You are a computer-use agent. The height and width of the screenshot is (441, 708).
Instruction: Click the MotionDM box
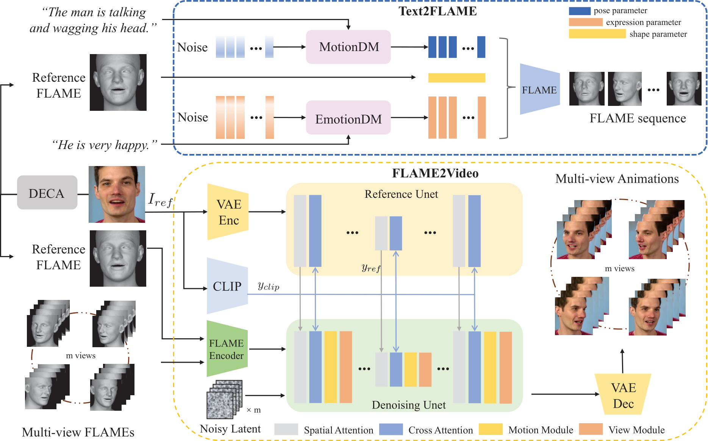(348, 47)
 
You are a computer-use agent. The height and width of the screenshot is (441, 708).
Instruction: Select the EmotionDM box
(348, 118)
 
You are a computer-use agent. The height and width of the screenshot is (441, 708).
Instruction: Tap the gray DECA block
(47, 193)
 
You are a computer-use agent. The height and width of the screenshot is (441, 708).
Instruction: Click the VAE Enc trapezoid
(228, 212)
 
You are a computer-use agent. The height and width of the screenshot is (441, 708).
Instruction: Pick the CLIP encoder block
(227, 286)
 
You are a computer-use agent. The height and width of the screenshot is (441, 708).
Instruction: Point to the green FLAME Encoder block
(227, 349)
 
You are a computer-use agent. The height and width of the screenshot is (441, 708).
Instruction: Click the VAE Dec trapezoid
(623, 394)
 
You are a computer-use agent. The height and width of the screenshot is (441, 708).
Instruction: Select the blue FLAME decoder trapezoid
(540, 89)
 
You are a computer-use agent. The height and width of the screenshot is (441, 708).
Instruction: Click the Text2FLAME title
(438, 11)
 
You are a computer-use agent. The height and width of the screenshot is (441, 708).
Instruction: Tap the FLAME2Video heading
(435, 173)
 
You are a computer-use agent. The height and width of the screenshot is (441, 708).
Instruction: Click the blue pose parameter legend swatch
(580, 11)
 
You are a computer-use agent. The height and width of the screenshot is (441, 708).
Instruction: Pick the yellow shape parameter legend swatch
(597, 34)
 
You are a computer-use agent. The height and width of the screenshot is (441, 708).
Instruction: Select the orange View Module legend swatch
(591, 429)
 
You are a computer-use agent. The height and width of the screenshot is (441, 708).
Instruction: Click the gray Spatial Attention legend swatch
(286, 429)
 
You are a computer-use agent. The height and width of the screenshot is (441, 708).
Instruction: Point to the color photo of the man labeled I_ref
(117, 194)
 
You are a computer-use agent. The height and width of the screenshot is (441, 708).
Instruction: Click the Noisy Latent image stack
(224, 399)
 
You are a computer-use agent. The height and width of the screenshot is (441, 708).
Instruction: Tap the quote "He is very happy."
(105, 145)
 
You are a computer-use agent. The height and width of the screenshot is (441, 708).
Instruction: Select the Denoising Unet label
(409, 405)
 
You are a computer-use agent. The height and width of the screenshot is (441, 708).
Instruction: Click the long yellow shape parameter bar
(456, 78)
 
